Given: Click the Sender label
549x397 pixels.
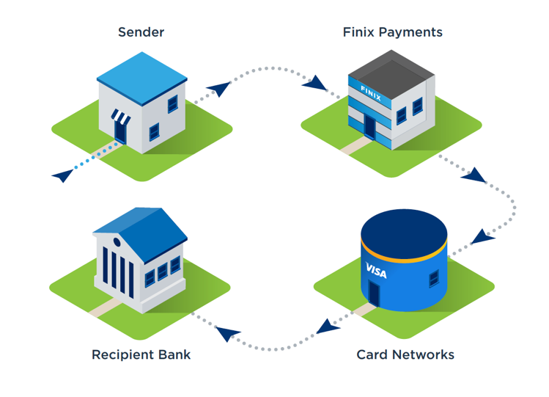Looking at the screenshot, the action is [x=141, y=32].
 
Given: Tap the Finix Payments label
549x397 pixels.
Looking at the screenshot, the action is [x=392, y=32].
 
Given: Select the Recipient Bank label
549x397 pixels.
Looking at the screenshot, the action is [x=141, y=354].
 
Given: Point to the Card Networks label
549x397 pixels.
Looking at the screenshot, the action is [x=405, y=354].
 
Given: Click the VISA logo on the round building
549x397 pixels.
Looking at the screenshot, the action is [x=376, y=271].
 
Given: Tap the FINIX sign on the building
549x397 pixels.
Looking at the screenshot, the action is [x=371, y=93].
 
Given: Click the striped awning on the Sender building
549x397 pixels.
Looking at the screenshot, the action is [x=121, y=117].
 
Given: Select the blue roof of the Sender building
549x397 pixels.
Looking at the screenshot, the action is [x=141, y=78].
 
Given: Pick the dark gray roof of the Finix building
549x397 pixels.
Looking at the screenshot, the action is [x=391, y=75].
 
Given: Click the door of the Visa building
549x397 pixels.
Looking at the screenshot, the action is [x=374, y=294].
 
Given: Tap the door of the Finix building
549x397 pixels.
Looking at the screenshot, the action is [x=369, y=126].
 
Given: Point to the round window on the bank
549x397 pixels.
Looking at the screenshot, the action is [x=117, y=242].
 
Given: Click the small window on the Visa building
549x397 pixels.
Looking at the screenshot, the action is [x=434, y=279].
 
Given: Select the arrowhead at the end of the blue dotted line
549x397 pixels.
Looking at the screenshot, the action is [x=63, y=175].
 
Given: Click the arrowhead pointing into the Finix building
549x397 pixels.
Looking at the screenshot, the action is [x=314, y=83].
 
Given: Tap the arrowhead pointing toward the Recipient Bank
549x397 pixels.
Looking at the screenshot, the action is [x=227, y=333].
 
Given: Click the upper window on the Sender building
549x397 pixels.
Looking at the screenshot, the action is [x=172, y=104].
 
